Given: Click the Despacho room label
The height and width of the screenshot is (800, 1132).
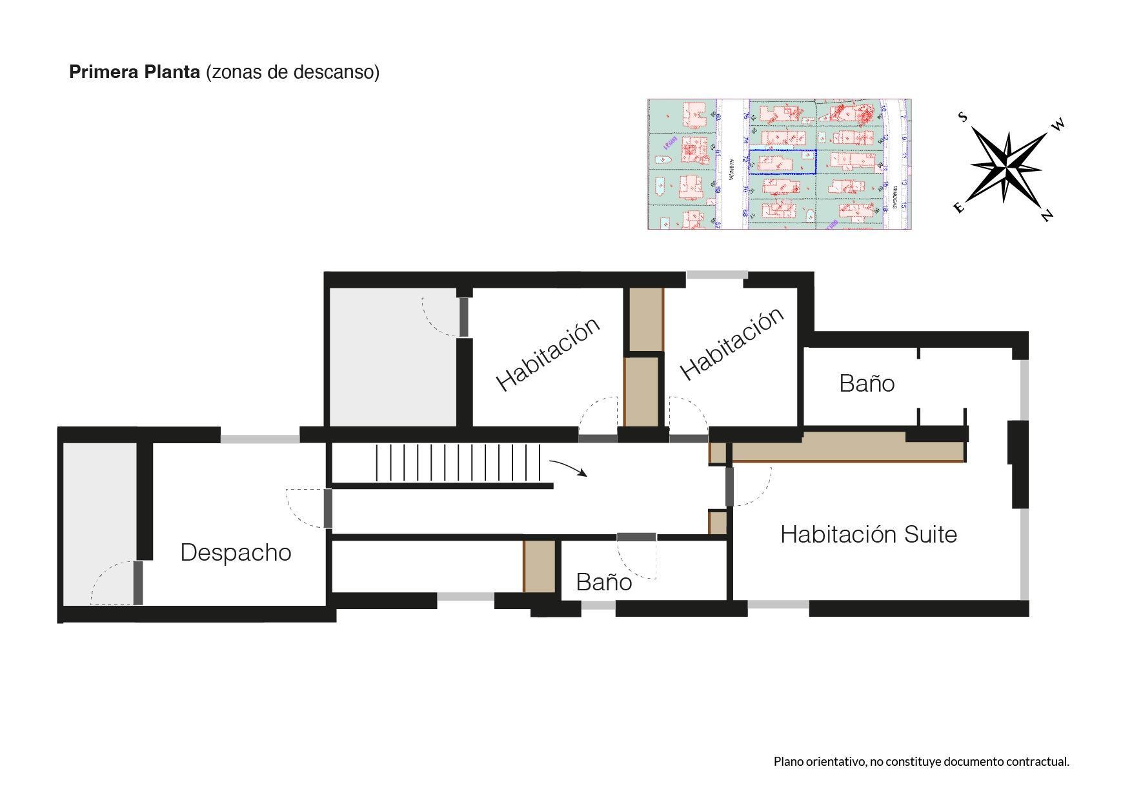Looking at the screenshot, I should (236, 553).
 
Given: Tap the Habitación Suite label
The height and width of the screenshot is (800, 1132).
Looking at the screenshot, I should (868, 535).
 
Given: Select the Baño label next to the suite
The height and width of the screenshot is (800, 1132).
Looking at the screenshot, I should (866, 384).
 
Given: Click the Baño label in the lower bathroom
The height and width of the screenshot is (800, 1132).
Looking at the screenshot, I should (603, 583).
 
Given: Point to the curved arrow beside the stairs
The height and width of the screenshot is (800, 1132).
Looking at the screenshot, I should (568, 468).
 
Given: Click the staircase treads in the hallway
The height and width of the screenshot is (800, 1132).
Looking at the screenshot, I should (458, 463).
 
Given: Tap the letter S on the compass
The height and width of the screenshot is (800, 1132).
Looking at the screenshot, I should (962, 117).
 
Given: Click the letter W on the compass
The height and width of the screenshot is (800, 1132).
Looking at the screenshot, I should (1057, 125).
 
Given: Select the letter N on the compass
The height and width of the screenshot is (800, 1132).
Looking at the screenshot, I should (1046, 215).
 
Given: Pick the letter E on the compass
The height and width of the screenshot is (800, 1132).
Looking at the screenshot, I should (958, 207).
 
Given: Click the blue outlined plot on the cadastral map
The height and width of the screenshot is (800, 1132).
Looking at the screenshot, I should (782, 162).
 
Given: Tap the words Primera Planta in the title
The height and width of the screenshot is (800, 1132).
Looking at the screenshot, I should (134, 72).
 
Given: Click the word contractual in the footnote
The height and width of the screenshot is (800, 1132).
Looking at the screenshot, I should (1036, 762).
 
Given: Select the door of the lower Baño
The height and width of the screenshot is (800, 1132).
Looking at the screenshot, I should (636, 537).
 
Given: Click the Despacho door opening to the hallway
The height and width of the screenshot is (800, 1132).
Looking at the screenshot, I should (328, 508).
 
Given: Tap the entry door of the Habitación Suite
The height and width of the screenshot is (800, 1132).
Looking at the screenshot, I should (730, 486).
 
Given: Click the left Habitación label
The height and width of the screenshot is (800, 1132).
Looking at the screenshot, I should (547, 354).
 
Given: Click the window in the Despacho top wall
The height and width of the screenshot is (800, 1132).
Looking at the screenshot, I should (259, 439).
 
